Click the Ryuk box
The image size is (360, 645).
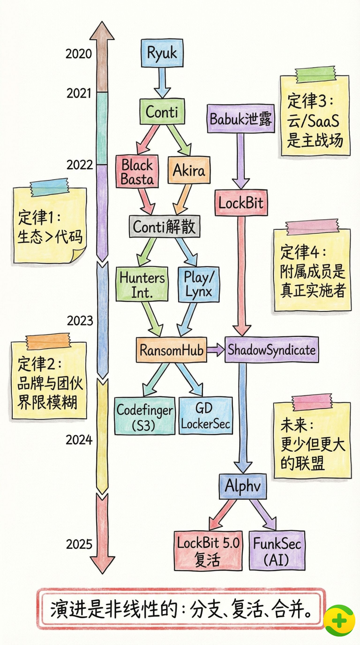click(162, 53)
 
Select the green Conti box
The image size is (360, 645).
click(162, 112)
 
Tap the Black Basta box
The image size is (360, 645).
click(137, 172)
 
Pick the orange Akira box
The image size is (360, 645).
click(189, 170)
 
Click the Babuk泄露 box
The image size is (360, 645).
click(241, 119)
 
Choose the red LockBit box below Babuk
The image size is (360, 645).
click(241, 203)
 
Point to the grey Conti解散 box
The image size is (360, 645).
click(164, 227)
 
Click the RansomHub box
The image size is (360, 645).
click(171, 350)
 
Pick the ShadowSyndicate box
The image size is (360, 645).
click(271, 350)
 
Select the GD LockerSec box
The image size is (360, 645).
click(205, 415)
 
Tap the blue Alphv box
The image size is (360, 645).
click(243, 486)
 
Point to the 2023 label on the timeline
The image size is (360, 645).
click(80, 321)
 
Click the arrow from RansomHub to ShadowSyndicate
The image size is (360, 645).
click(216, 350)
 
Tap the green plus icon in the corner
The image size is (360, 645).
click(339, 620)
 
